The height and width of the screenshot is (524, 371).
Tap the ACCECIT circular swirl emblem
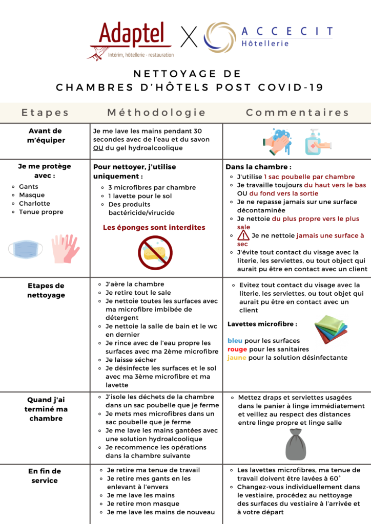coord(220,37)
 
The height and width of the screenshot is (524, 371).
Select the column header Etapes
coord(45,113)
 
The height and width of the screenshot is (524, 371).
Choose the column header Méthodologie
coord(156,113)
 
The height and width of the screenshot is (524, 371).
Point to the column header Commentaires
coord(297,113)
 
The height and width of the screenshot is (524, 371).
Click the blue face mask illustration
coord(25,249)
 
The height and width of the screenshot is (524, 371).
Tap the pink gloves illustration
coord(65,248)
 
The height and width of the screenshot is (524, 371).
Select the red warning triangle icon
coord(243,235)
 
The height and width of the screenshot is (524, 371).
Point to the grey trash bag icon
coord(295,444)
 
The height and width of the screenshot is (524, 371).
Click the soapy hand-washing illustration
coord(277,141)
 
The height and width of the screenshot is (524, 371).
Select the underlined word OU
coord(98,148)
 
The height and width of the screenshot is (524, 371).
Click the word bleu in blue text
coord(236,341)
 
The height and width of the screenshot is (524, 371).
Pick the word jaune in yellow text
coord(237,358)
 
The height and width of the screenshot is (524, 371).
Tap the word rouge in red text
coord(238,349)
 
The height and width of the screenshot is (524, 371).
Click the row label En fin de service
coord(45,475)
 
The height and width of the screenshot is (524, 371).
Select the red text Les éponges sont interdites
coord(154,227)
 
